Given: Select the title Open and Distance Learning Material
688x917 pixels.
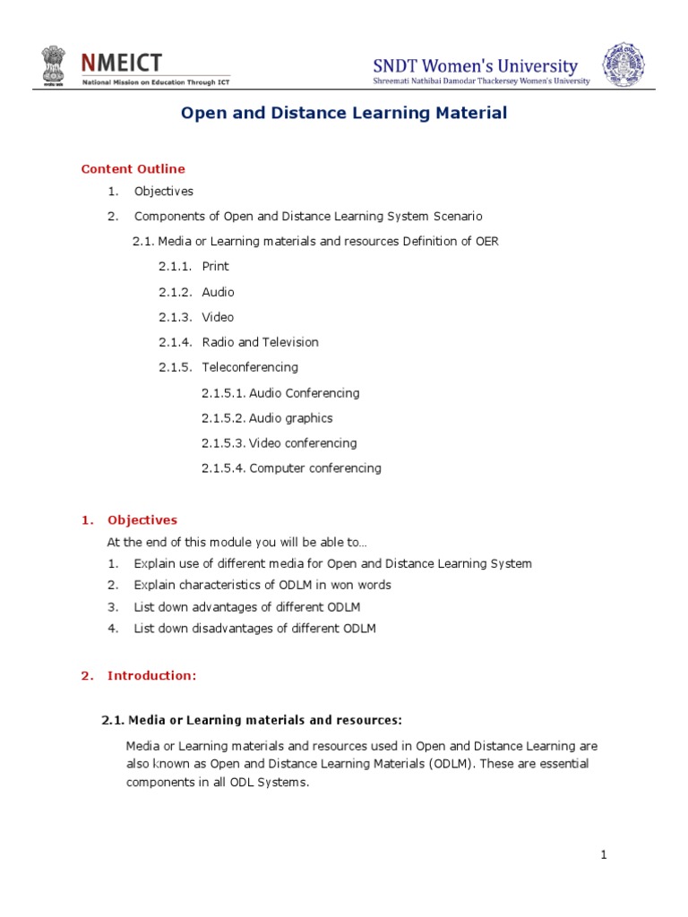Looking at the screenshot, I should [x=344, y=114].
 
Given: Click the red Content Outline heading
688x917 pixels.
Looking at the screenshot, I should [x=133, y=168].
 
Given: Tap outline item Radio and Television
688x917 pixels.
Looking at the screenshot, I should [x=260, y=342].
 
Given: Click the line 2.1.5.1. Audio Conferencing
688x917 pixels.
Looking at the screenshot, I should [x=280, y=393].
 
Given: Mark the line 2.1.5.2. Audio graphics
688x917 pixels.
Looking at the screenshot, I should [x=267, y=418].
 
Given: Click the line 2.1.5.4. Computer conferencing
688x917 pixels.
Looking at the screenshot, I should [x=291, y=468].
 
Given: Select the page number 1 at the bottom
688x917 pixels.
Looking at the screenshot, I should [x=605, y=855].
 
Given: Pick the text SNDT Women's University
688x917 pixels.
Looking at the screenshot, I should [x=476, y=66].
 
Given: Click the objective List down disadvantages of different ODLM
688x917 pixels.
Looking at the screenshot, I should [x=254, y=629].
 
